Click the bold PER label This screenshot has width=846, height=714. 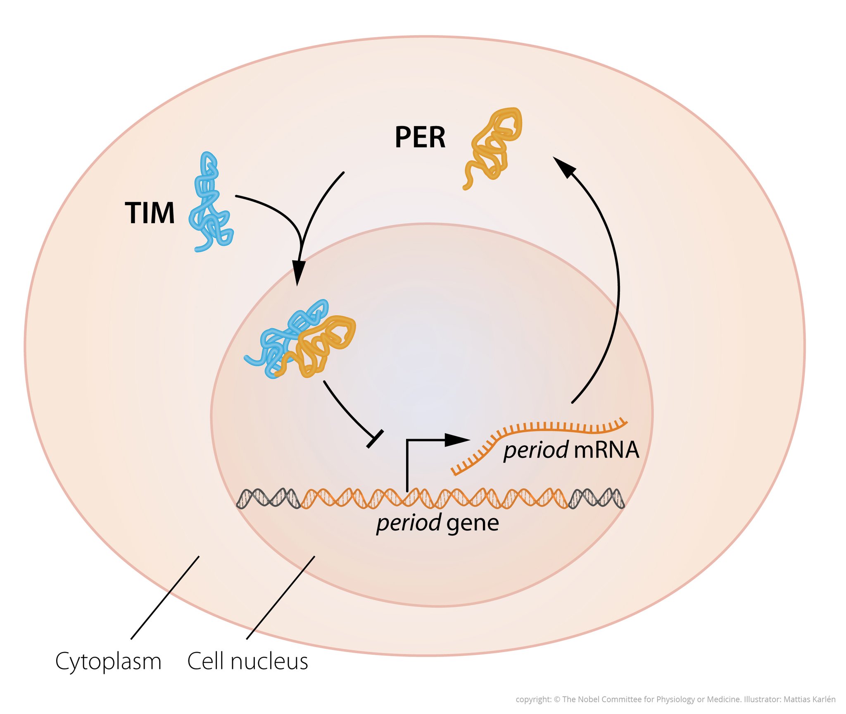tap(420, 137)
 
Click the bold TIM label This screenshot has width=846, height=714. tap(150, 213)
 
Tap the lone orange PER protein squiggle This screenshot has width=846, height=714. tap(494, 145)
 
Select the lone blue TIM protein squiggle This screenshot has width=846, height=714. tap(210, 203)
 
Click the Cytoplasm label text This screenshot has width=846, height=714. tap(108, 661)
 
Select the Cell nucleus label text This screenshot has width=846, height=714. tap(247, 661)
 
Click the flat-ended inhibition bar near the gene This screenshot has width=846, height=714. tap(375, 439)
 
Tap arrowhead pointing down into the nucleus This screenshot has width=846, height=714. tap(298, 272)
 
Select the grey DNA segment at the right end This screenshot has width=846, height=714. tap(597, 498)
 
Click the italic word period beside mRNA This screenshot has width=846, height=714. tap(535, 450)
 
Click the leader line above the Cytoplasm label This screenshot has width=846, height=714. tap(165, 597)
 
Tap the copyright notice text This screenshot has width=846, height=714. tap(675, 699)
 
